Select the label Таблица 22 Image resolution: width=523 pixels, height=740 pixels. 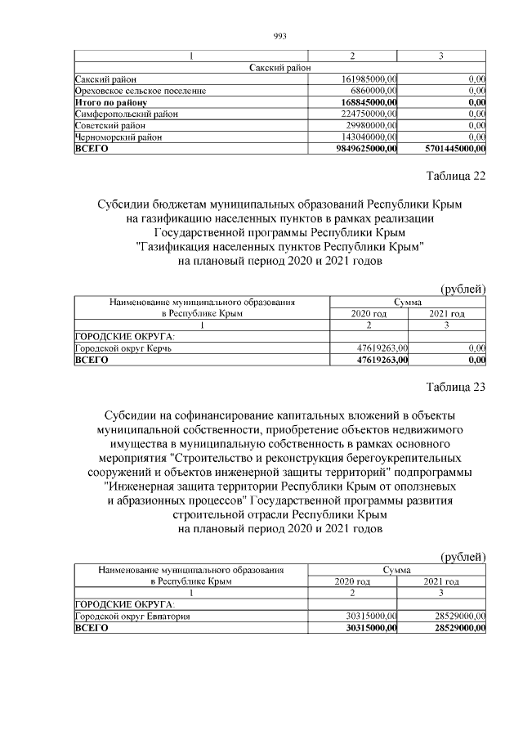[456, 177]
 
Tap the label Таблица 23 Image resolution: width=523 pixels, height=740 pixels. [456, 388]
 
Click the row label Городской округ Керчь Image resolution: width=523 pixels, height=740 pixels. [123, 348]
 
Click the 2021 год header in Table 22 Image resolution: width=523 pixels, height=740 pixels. [446, 314]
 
